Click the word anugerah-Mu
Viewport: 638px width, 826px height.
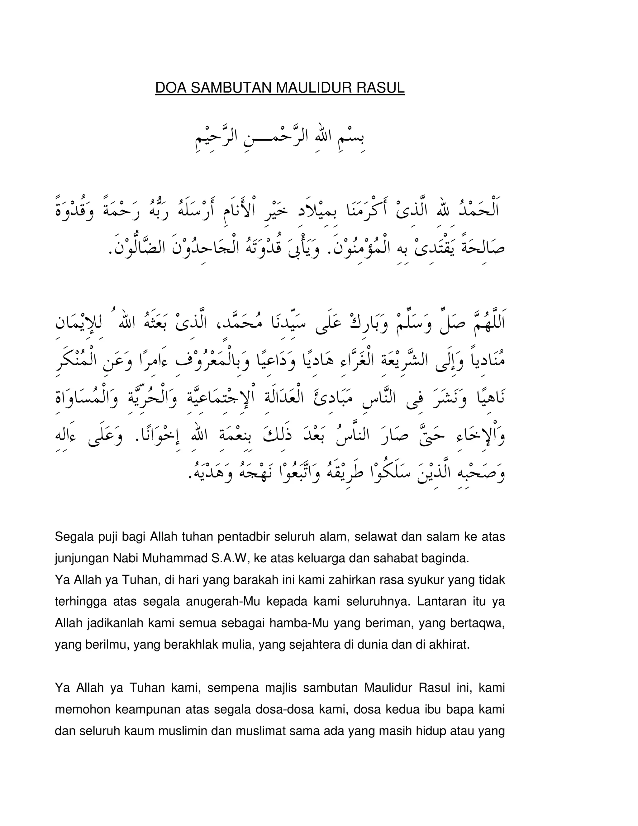(223, 601)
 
